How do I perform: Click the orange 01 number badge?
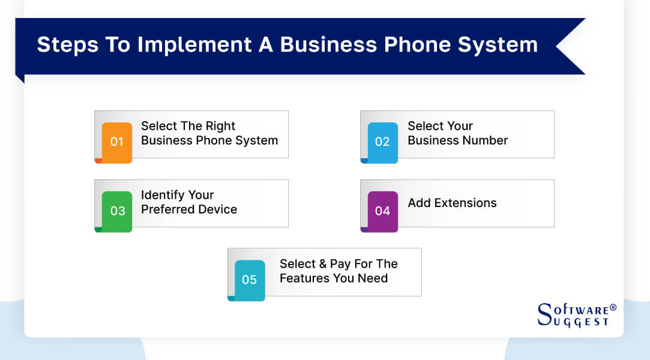116,142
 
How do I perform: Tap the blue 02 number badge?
382,142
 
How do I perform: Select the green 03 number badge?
116,211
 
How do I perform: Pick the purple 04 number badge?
382,211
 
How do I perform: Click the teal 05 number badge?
249,280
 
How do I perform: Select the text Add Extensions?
452,203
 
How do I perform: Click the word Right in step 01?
221,126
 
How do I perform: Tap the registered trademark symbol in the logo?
613,308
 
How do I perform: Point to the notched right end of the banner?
570,46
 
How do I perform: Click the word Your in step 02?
459,126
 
